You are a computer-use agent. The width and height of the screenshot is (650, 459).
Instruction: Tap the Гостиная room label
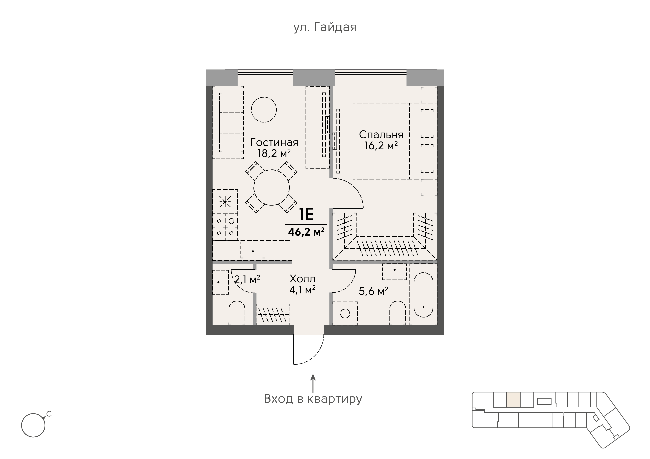pos(274,142)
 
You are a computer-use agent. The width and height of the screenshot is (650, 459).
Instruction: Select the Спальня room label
pos(381,135)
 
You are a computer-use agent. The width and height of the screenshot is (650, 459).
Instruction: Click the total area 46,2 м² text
pos(306,232)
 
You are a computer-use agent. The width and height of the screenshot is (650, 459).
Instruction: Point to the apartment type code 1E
pos(306,215)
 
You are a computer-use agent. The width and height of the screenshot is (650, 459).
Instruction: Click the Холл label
pos(302,279)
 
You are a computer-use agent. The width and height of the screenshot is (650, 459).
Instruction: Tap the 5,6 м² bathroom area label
pos(373,291)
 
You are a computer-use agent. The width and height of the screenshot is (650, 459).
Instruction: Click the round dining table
pos(271,187)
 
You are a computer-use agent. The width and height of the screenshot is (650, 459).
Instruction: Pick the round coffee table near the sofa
pos(264,110)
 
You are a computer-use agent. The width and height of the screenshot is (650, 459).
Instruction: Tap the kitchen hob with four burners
pos(225,225)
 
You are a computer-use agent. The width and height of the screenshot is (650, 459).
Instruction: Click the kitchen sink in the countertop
pos(253,250)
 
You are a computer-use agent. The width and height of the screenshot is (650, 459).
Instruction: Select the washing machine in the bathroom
pos(345,313)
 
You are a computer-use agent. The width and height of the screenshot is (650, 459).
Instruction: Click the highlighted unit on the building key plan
pos(513,400)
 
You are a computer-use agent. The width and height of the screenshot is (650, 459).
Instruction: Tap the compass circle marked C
pos(33,425)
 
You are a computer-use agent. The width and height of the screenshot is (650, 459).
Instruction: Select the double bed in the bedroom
pos(381,141)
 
